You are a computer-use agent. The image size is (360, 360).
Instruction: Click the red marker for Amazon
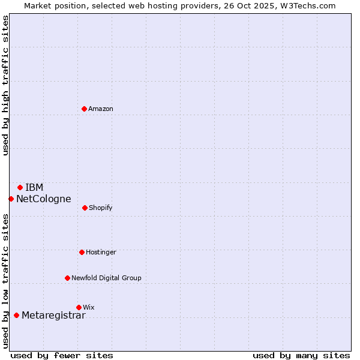click(84, 109)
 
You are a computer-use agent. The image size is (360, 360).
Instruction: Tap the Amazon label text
click(101, 109)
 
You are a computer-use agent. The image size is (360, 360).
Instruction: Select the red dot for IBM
click(20, 187)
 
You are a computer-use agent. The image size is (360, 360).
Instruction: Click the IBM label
click(34, 187)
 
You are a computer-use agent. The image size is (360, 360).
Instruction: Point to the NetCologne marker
click(11, 199)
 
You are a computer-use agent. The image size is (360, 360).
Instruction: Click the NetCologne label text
click(43, 199)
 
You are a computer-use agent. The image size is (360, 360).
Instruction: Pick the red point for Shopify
click(85, 208)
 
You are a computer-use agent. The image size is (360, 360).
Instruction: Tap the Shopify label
click(101, 208)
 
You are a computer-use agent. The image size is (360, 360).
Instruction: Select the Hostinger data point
click(82, 252)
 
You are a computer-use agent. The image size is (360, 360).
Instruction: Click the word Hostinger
click(101, 252)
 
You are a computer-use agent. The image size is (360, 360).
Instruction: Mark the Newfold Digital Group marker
click(67, 278)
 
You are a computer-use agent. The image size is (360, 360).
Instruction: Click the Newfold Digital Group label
click(106, 278)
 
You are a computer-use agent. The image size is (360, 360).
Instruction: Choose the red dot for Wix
click(79, 307)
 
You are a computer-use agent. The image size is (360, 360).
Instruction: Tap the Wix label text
click(89, 307)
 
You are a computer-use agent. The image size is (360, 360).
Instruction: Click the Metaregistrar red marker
click(16, 315)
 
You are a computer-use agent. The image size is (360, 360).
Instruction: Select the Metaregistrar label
click(53, 316)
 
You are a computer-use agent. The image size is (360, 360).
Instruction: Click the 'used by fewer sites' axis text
click(62, 355)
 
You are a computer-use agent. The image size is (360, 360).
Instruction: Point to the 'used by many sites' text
click(301, 355)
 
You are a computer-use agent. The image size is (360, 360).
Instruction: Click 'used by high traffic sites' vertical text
click(5, 85)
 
